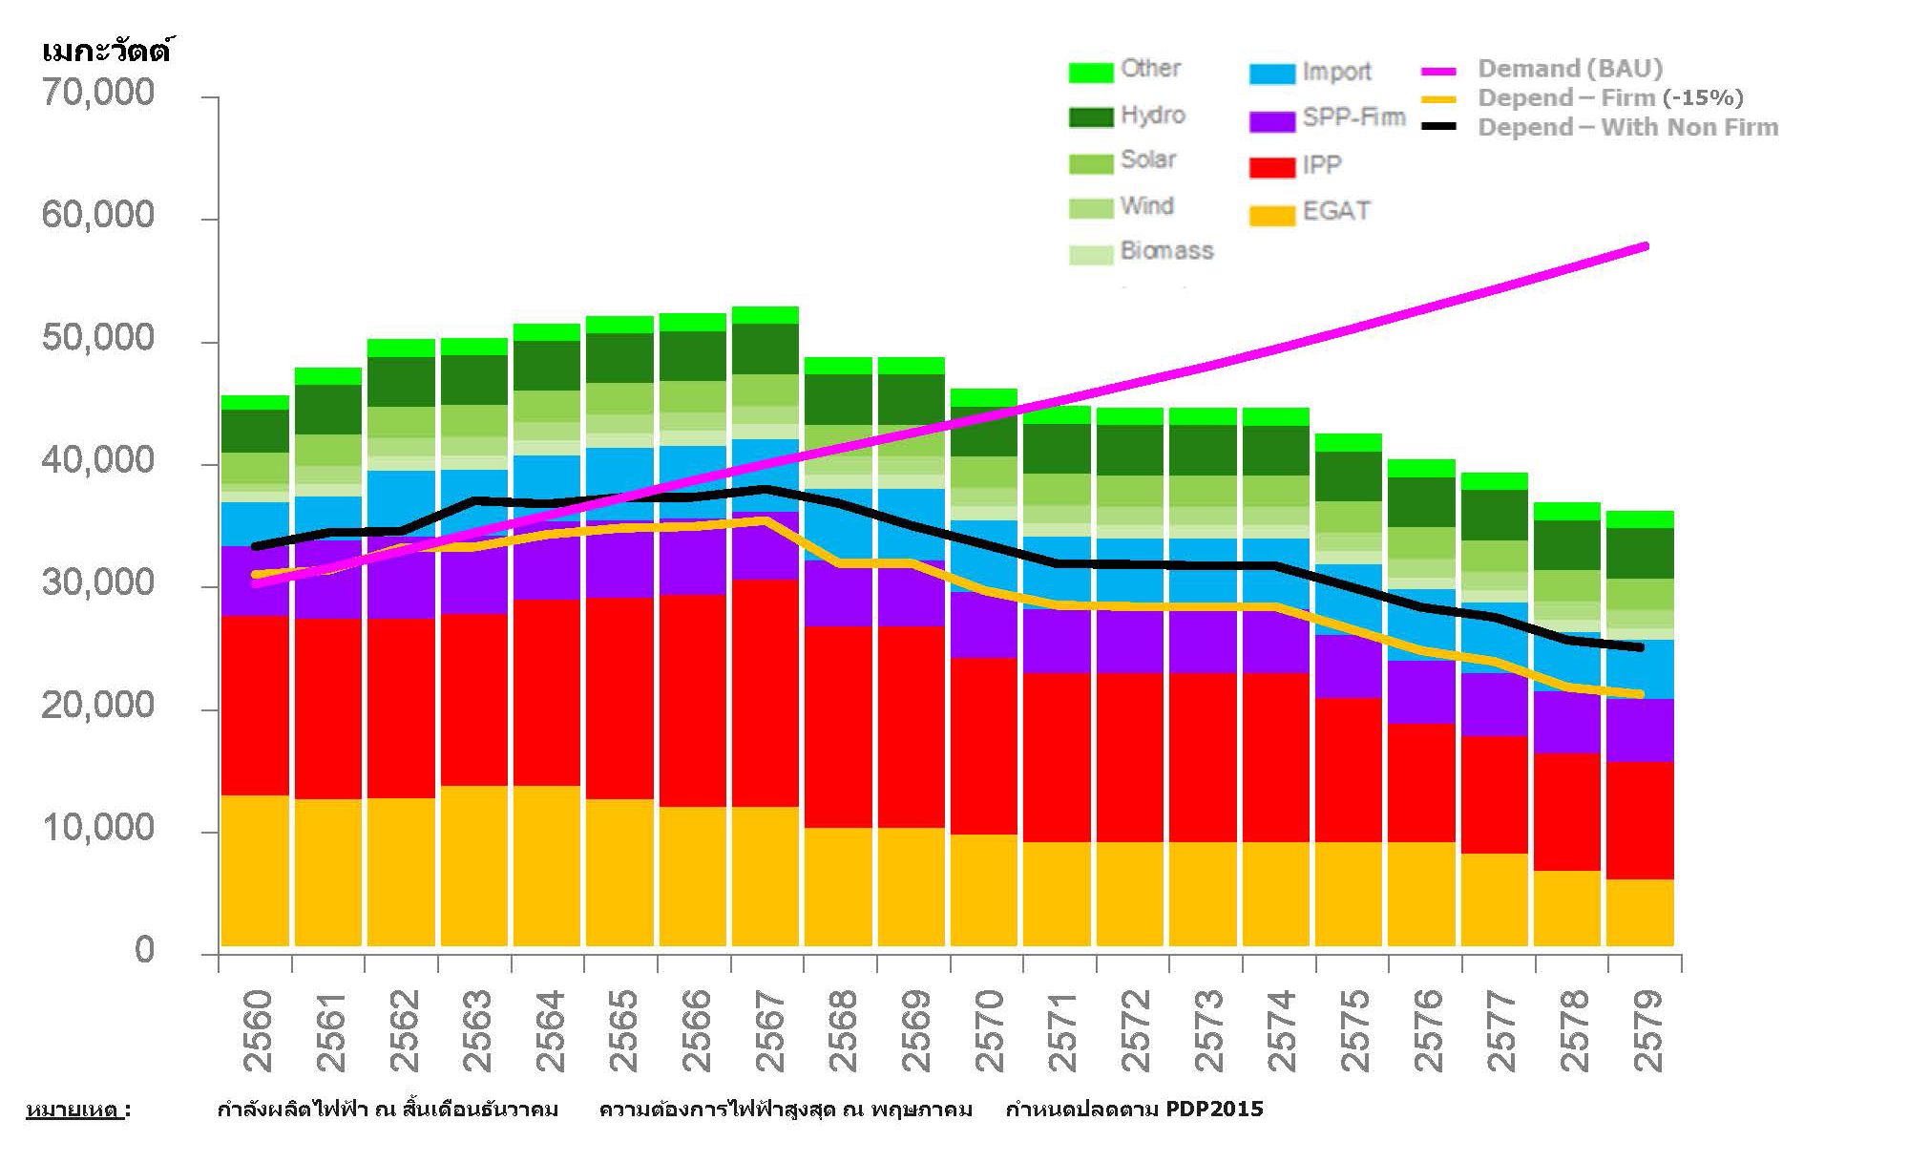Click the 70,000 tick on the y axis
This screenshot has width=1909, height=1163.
click(x=97, y=93)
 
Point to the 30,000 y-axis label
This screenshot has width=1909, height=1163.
click(x=97, y=583)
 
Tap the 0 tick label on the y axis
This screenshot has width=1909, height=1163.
click(x=144, y=950)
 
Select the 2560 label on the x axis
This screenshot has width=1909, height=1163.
click(x=256, y=1031)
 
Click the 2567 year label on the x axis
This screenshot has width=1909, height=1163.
click(x=768, y=1031)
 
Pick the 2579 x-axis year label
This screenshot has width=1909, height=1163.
click(x=1647, y=1031)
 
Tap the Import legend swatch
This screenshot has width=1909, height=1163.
click(x=1271, y=74)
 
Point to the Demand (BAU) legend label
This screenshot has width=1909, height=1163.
click(x=1570, y=69)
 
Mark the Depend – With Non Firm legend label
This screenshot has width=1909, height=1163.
click(x=1627, y=128)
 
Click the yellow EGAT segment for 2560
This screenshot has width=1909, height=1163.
click(x=255, y=871)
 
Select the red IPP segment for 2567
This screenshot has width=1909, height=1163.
click(x=766, y=692)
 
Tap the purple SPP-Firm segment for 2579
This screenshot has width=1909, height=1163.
click(x=1640, y=730)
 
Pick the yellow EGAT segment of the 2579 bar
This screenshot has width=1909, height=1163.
click(x=1640, y=913)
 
